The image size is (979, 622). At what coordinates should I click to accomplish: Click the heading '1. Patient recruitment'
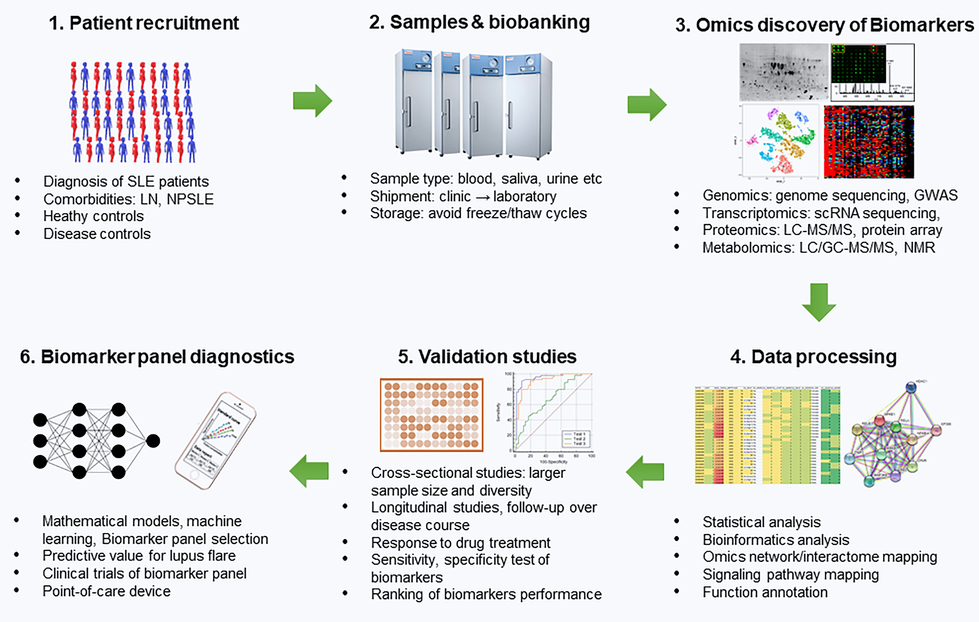(144, 23)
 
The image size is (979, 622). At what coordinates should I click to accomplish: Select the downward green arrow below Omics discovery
(819, 302)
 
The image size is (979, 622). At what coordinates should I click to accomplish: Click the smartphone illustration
(215, 441)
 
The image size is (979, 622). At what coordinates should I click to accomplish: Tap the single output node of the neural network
(153, 441)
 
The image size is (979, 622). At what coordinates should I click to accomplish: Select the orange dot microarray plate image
(431, 415)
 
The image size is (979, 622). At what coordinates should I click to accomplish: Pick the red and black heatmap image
(869, 142)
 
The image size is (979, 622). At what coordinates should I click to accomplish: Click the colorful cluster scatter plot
(780, 141)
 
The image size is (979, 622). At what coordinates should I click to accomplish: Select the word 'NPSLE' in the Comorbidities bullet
(190, 199)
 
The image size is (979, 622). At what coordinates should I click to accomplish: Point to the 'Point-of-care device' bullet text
(107, 591)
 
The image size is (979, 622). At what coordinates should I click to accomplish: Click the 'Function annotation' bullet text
(765, 592)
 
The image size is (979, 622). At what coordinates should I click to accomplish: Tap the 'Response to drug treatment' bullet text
(460, 543)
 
